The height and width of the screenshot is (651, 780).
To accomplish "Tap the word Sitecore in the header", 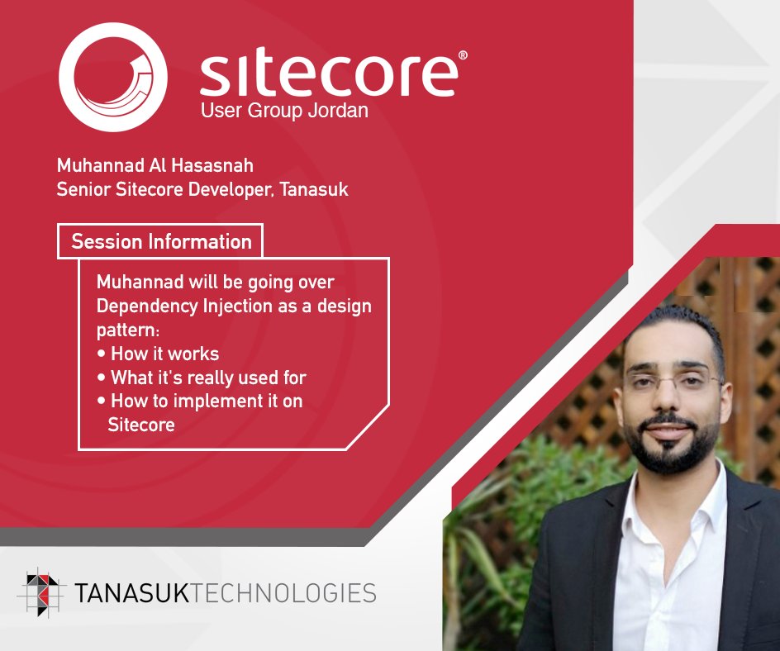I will [x=328, y=74].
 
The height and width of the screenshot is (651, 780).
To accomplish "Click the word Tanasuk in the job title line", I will [x=314, y=189].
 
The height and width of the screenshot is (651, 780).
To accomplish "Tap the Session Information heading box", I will [x=160, y=242].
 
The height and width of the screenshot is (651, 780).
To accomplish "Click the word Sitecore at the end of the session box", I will [x=140, y=425].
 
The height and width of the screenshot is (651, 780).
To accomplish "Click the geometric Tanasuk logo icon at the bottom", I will [x=41, y=592].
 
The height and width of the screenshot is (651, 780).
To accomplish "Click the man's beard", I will [x=671, y=450].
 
